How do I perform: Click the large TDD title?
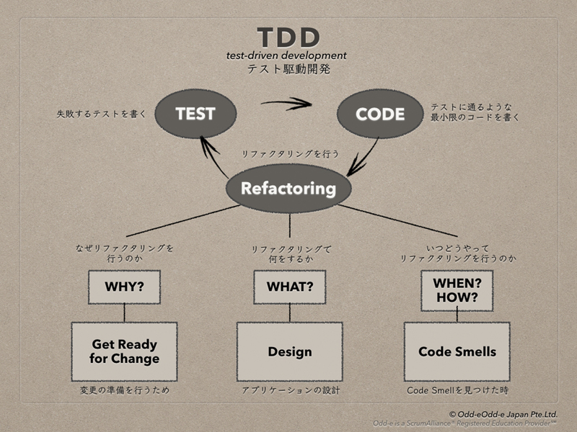point(288,37)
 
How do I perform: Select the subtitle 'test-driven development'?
point(286,55)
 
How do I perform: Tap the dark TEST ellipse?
point(195,114)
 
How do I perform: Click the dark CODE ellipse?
point(380,114)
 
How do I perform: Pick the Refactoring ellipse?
point(288,189)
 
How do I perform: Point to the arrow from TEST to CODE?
point(286,103)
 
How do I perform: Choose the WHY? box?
point(124,287)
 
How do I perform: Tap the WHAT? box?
point(290,287)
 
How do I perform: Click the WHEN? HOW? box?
point(457,291)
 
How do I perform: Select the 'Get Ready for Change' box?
point(124,351)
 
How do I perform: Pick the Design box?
point(290,351)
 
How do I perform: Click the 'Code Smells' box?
point(457,351)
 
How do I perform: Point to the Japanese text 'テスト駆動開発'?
point(288,69)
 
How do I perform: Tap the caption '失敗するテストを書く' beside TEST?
point(101,114)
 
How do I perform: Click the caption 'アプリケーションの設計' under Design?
point(291,390)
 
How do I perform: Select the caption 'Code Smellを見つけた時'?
point(458,390)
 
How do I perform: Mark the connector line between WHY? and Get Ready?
point(124,313)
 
